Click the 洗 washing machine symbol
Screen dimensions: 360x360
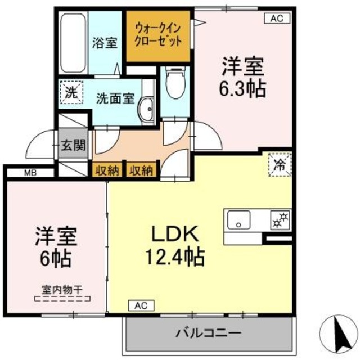tap(71, 92)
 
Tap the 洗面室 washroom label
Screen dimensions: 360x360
tap(115, 97)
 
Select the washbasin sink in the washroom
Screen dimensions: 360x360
tap(148, 108)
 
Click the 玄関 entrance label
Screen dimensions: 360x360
tap(73, 146)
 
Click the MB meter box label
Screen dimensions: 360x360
tap(30, 173)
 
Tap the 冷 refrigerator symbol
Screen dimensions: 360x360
tap(279, 165)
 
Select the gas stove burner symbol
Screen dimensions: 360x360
tap(280, 220)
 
